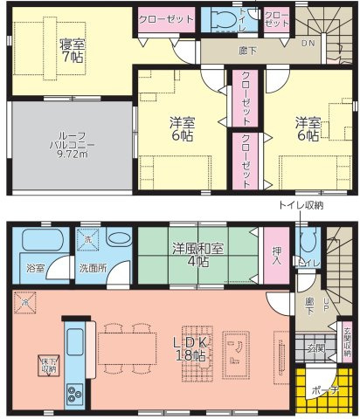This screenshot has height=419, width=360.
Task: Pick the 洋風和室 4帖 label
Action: pos(199,254)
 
